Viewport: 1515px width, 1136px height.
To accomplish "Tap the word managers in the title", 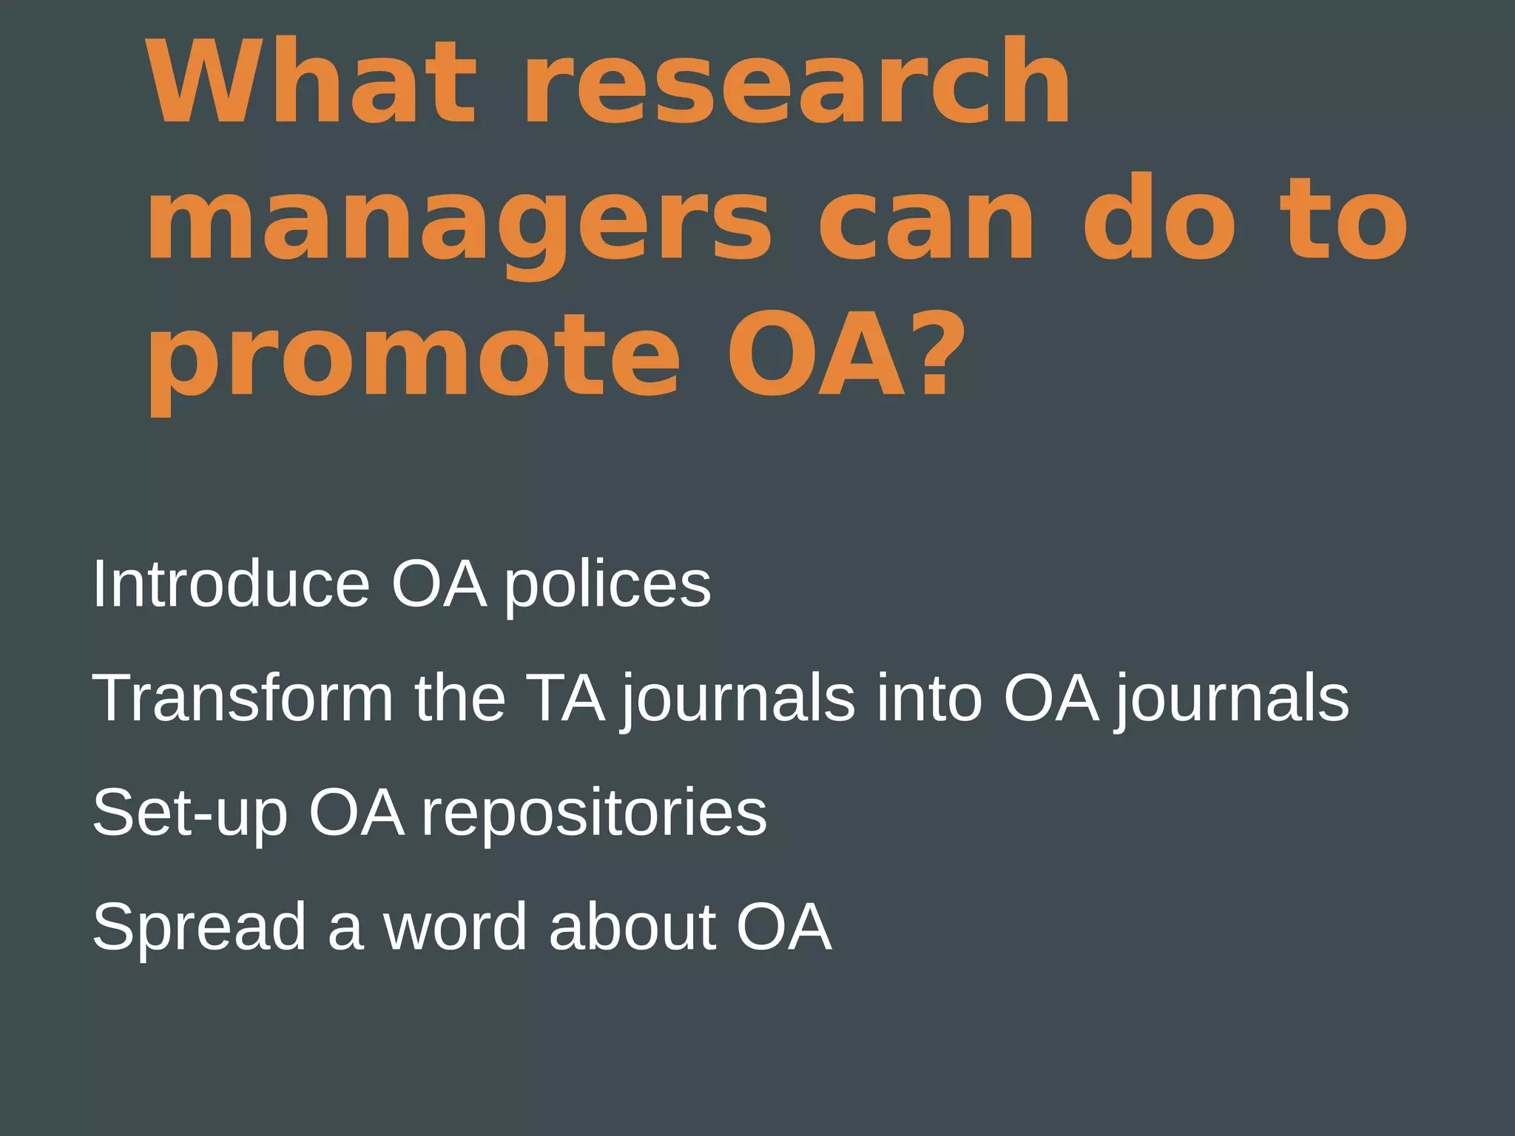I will pos(459,220).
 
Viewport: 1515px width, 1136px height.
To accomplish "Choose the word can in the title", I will pos(925,220).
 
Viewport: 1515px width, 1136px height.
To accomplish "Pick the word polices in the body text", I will pos(607,584).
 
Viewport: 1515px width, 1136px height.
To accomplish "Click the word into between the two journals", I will pos(929,698).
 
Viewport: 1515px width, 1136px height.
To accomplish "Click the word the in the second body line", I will pos(459,698).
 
